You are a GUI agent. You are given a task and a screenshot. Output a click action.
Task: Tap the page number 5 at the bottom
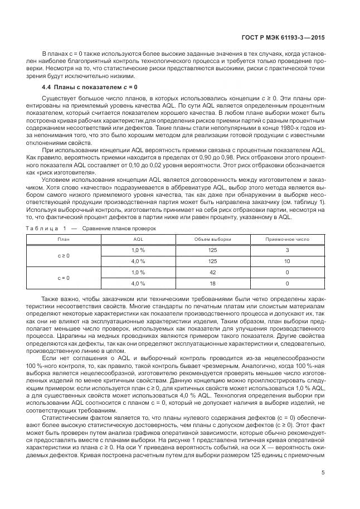(323, 474)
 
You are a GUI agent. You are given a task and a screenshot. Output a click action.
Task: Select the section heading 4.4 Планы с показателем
(89, 87)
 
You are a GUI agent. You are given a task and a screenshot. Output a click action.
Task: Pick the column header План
(64, 239)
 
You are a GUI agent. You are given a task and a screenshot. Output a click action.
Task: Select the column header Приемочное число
(287, 239)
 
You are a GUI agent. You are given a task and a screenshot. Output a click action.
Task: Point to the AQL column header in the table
(138, 239)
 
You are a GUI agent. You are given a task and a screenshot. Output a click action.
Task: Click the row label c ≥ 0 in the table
(64, 255)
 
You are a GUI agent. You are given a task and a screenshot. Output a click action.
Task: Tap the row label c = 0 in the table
(64, 277)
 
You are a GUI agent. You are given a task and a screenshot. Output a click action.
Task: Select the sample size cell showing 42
(212, 272)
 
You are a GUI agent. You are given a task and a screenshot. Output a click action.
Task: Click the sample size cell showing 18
(212, 283)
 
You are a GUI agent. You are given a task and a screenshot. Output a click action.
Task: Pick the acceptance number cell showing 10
(287, 261)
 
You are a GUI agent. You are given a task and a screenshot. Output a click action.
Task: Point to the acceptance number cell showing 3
(287, 250)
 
